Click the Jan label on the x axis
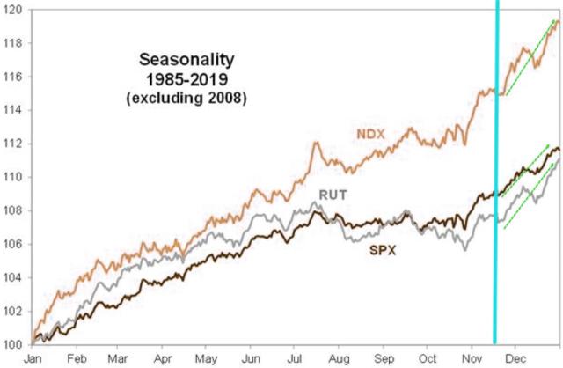point(33,359)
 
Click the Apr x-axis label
point(163,359)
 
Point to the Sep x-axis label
point(384,359)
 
